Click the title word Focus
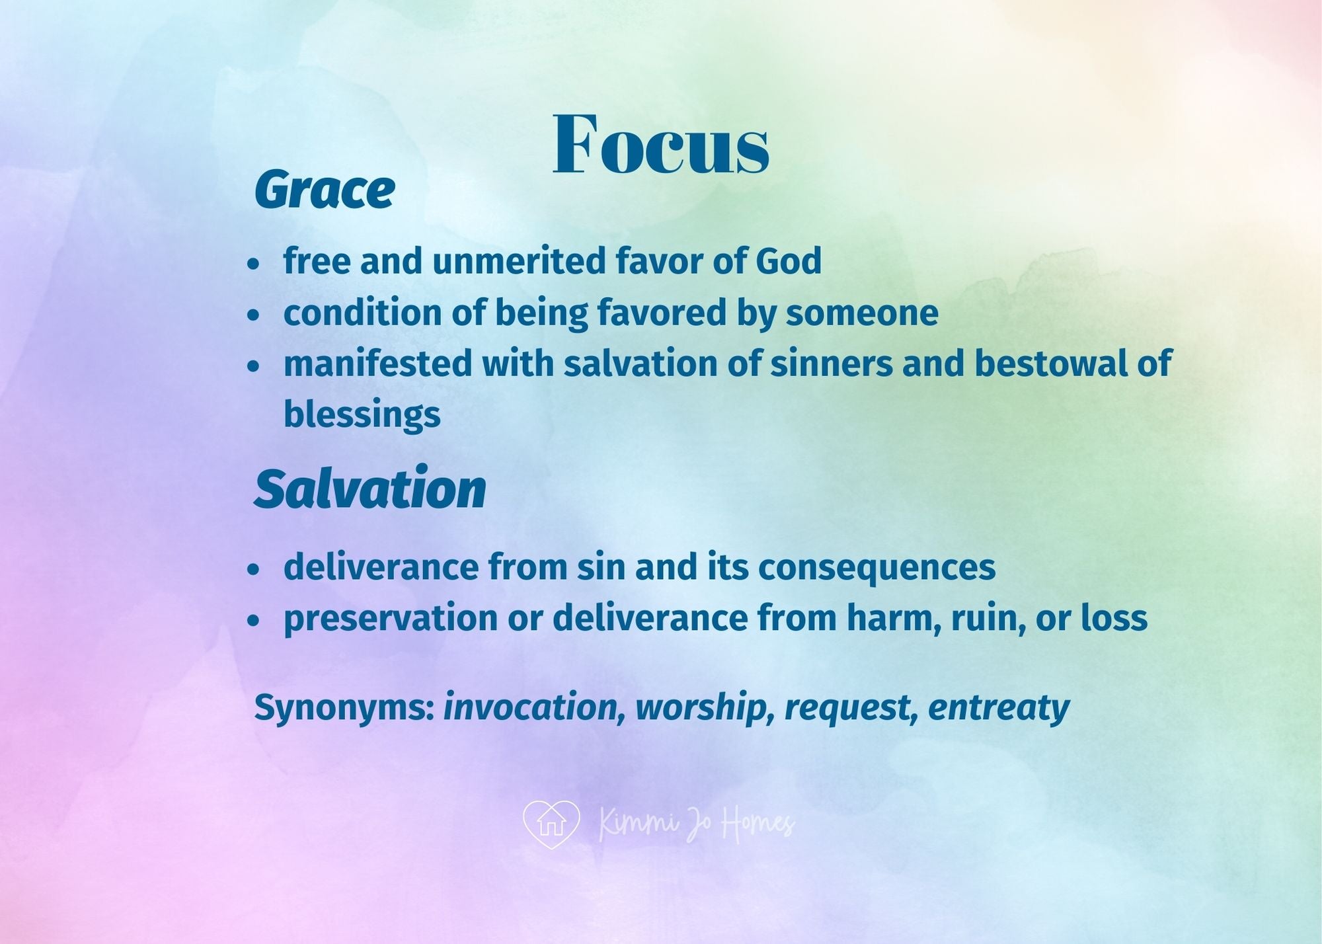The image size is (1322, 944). click(660, 144)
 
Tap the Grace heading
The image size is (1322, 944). click(324, 189)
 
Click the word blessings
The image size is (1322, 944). click(362, 416)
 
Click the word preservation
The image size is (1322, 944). click(390, 619)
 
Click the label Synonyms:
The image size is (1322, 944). click(344, 707)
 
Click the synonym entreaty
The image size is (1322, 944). click(999, 708)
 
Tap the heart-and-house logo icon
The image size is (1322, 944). click(551, 824)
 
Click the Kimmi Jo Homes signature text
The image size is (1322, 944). click(695, 824)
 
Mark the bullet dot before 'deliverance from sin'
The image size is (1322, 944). click(253, 569)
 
